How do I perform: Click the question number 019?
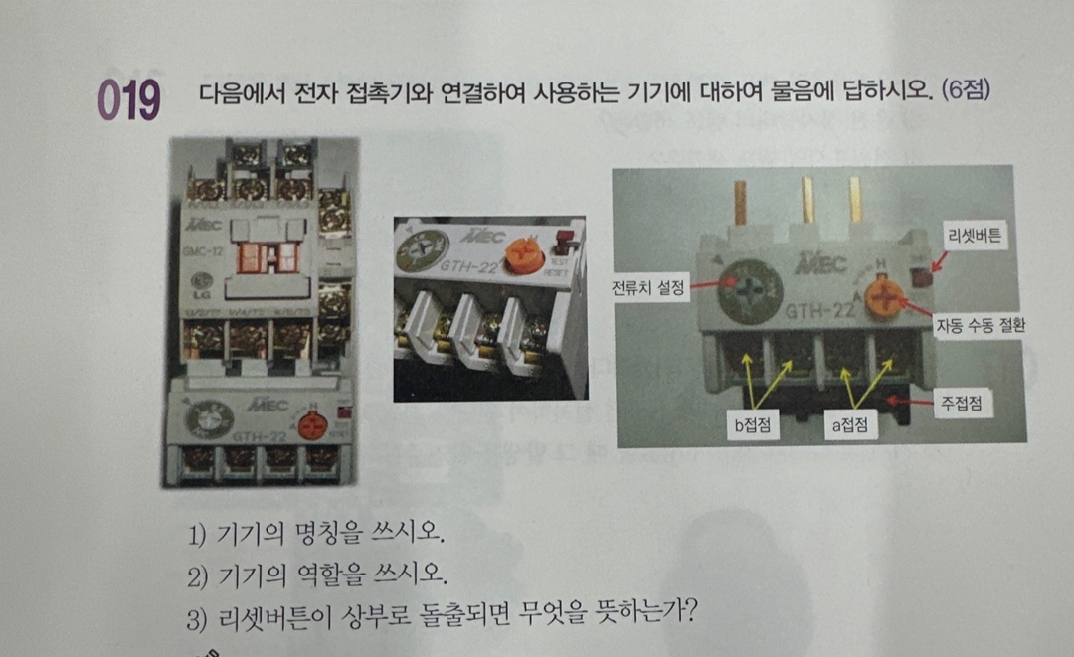tap(128, 100)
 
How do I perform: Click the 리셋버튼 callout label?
tap(977, 237)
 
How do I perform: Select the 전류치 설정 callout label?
tap(648, 288)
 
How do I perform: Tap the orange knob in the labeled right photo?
tap(881, 296)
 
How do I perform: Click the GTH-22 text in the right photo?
tap(817, 311)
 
